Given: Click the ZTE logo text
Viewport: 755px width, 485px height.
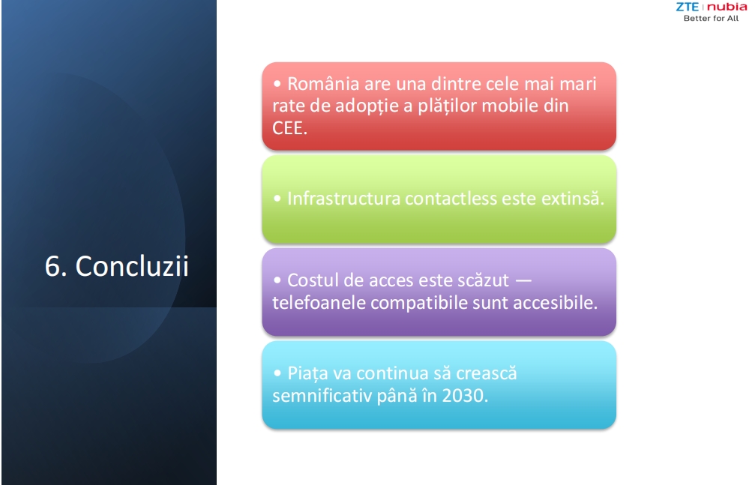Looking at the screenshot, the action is (687, 7).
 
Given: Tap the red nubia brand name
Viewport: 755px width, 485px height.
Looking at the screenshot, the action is (727, 7).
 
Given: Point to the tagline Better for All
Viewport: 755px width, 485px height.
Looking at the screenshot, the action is (712, 18).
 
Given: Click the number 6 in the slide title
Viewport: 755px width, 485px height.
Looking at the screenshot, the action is (53, 266).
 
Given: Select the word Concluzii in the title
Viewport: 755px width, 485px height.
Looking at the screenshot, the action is (132, 266).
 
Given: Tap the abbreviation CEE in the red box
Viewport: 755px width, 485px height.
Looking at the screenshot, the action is (289, 128).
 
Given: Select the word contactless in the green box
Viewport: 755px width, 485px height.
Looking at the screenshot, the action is (451, 199).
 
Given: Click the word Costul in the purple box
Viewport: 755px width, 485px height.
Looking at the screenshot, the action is (313, 280).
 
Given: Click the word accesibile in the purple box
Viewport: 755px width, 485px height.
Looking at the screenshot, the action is (555, 302).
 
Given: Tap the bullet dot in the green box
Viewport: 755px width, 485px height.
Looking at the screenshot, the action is (277, 199).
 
